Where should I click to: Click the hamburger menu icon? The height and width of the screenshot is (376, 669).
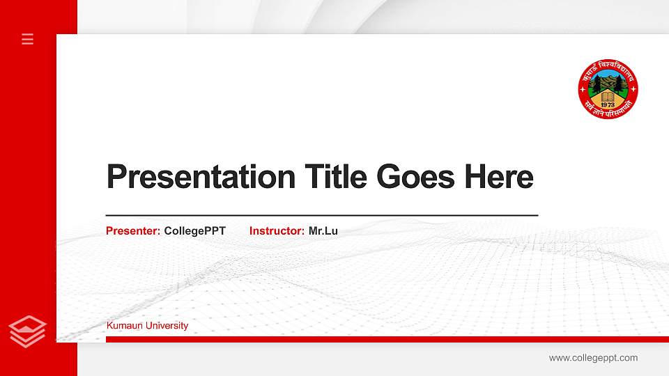tap(28, 39)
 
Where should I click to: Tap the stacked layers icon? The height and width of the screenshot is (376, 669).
tap(28, 331)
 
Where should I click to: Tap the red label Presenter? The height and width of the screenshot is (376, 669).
tap(133, 231)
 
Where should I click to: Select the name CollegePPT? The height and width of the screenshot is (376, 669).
tap(195, 231)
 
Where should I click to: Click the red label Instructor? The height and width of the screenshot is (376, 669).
tap(277, 231)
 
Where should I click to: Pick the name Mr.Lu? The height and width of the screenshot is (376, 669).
tap(323, 231)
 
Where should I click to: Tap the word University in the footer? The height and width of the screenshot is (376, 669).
tap(166, 326)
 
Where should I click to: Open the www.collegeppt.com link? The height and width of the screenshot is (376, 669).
tap(593, 358)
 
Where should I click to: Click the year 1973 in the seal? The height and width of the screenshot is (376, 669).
tap(608, 105)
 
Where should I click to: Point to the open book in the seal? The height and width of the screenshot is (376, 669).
tap(608, 96)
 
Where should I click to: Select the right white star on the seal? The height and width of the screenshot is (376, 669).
tap(633, 91)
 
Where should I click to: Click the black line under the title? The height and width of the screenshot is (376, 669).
tap(322, 215)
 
